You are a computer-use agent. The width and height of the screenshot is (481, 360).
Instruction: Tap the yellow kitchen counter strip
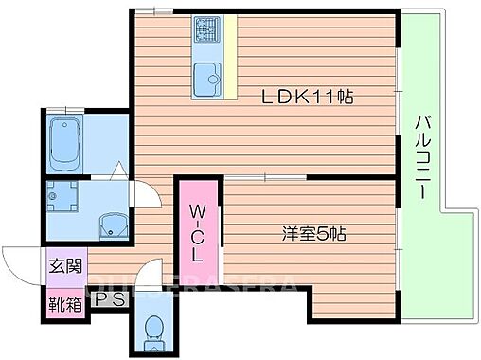click(x=229, y=59)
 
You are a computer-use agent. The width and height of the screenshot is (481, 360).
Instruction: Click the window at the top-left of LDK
click(x=151, y=10)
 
